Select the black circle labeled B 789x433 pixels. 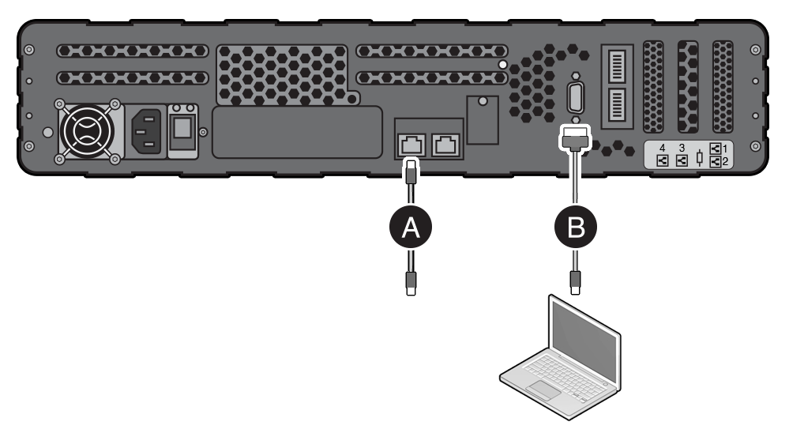576,228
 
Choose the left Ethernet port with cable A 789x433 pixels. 411,145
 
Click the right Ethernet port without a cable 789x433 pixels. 448,145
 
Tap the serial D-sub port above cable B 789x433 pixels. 574,100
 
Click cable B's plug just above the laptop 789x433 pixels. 576,281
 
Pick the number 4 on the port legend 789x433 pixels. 662,148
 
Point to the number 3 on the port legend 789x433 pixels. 682,148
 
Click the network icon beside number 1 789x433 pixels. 716,147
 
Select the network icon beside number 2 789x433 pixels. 716,162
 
